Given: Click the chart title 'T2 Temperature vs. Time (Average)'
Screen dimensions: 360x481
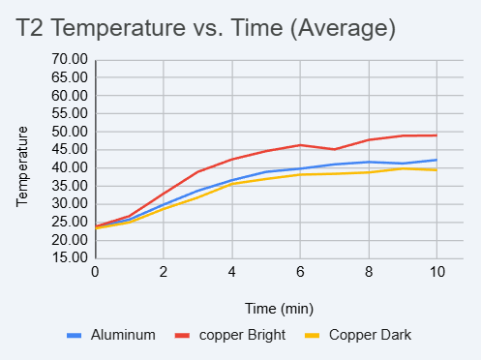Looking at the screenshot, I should coord(206,29).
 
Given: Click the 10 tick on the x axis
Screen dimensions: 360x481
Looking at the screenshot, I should coord(436,273).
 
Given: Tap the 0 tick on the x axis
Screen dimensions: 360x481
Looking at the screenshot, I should coord(95,273).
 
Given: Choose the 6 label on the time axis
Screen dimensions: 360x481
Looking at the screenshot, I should coord(300,273).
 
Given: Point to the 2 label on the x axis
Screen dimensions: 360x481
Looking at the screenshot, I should coord(164,273).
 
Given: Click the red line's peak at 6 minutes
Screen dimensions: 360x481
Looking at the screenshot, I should coord(300,145).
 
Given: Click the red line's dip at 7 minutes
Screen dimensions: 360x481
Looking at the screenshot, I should coord(334,149).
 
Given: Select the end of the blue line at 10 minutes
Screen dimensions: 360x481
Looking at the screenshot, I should coord(436,160).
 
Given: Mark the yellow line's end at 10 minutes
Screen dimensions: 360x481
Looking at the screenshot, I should coord(436,169).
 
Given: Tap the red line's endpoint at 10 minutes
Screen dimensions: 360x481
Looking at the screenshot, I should coord(436,135).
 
